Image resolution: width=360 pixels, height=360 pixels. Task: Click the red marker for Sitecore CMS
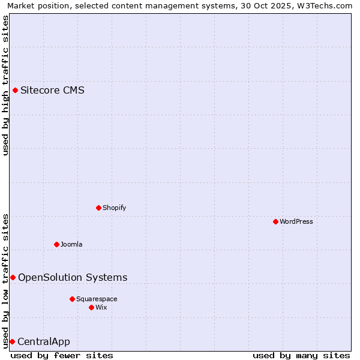coord(15,91)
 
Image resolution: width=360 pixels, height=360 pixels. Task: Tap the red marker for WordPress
coord(275,221)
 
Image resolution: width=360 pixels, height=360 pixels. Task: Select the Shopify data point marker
coord(98,208)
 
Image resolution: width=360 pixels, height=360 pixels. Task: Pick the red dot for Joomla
coord(56,244)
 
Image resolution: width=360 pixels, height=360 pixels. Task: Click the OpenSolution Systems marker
coord(13,277)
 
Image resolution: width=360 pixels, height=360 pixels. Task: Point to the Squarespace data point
coord(72,299)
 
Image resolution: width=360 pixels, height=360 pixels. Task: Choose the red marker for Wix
coord(91,307)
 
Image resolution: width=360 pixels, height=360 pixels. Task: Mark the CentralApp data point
coord(12,341)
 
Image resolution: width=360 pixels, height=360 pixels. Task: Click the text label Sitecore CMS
coord(52,91)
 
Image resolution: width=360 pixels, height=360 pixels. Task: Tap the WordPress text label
coord(296,221)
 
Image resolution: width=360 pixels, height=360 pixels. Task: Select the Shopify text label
coord(114,208)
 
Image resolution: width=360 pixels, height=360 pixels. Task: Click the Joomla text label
coord(71,244)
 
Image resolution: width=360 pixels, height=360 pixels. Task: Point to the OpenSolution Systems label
coord(73,277)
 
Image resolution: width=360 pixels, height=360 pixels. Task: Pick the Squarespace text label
coord(97,299)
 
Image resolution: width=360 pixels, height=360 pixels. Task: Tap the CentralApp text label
coord(44,342)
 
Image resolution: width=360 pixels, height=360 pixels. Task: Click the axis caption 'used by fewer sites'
coord(62,355)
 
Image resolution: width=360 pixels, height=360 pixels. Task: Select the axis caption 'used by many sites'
coord(301,355)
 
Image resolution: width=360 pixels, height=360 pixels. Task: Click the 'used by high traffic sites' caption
coord(5,85)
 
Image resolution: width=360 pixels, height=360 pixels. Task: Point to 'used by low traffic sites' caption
coord(5,280)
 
